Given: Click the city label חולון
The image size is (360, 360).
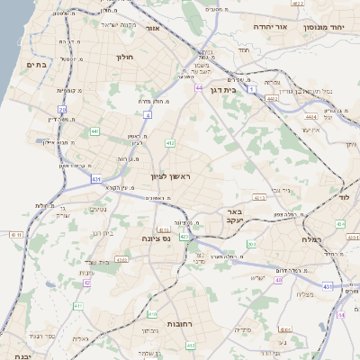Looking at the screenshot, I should [124, 57].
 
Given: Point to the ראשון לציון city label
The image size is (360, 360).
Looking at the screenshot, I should [171, 177].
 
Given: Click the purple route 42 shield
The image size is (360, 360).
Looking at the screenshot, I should [87, 283].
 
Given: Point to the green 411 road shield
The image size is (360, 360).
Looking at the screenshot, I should [78, 306].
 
